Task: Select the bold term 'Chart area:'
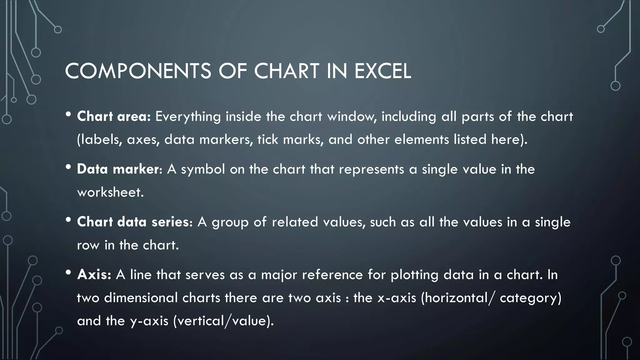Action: (114, 117)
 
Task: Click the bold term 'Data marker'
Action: (118, 169)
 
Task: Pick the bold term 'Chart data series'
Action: (133, 222)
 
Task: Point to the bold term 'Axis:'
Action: (94, 275)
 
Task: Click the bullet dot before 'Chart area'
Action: (68, 114)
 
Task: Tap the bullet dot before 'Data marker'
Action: (68, 167)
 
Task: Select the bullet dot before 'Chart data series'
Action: (68, 220)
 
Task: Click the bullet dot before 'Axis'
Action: (68, 272)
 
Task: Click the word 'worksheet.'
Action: (110, 192)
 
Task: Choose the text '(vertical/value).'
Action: (223, 321)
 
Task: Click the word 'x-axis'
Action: (397, 298)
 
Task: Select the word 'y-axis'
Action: (149, 321)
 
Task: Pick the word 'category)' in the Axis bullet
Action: (531, 298)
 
